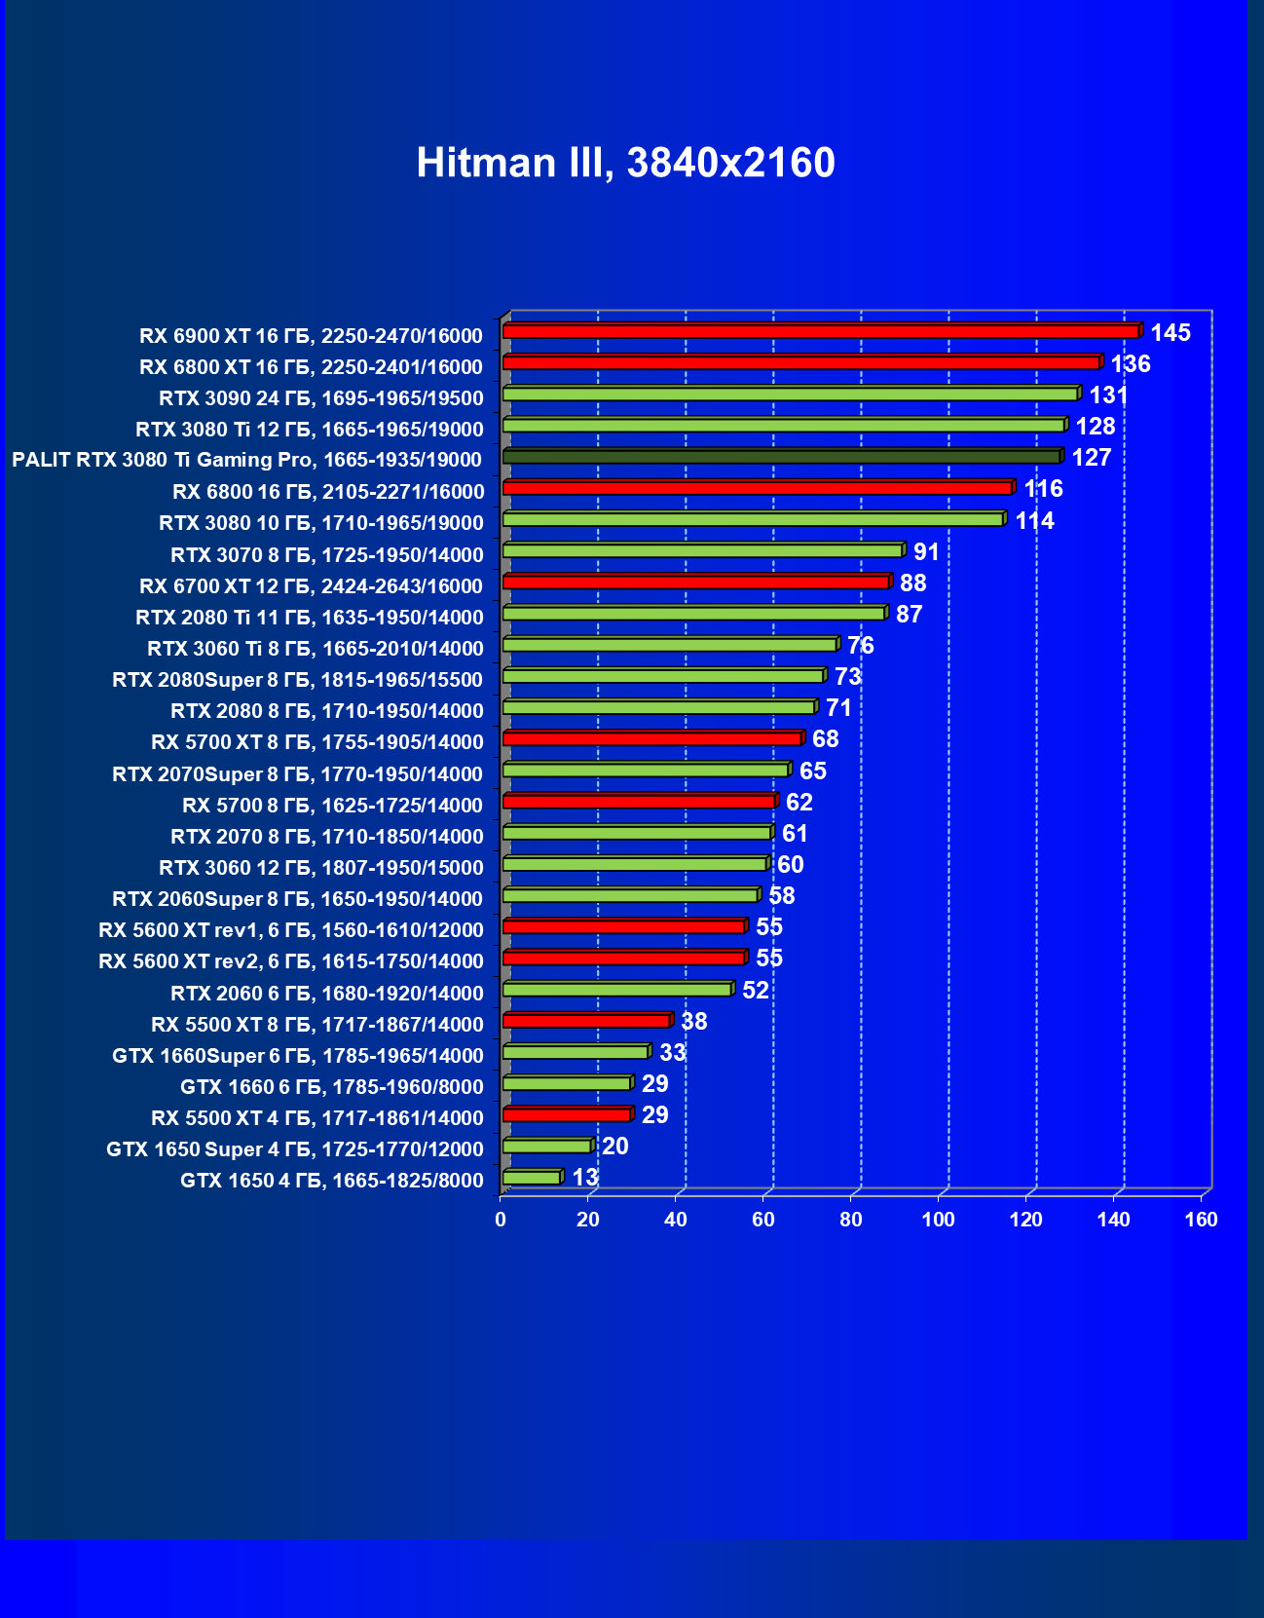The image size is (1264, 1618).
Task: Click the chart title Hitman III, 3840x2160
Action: pyautogui.click(x=625, y=163)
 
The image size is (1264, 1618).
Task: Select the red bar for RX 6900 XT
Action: pyautogui.click(x=820, y=332)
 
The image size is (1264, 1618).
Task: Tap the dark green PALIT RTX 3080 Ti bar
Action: pyautogui.click(x=781, y=457)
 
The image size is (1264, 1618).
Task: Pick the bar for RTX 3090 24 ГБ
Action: pyautogui.click(x=790, y=395)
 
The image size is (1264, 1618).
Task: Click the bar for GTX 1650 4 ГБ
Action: pyautogui.click(x=531, y=1178)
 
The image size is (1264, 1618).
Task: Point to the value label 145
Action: pyautogui.click(x=1170, y=333)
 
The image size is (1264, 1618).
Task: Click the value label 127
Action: pyautogui.click(x=1091, y=458)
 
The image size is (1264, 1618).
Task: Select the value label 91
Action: pyautogui.click(x=926, y=552)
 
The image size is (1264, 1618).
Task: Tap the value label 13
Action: pyautogui.click(x=584, y=1178)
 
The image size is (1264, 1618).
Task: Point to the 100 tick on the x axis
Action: pyautogui.click(x=939, y=1220)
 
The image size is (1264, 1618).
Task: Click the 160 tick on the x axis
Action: pyautogui.click(x=1201, y=1220)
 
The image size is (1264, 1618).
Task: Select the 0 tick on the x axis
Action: pyautogui.click(x=501, y=1220)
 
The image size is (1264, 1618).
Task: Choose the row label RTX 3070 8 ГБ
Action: pyautogui.click(x=326, y=555)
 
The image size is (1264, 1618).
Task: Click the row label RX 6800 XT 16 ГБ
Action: pyautogui.click(x=311, y=367)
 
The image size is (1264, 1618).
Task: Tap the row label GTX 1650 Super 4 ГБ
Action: pyautogui.click(x=294, y=1149)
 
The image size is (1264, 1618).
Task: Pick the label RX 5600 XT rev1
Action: pyautogui.click(x=290, y=930)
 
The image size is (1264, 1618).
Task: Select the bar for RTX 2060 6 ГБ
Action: pyautogui.click(x=616, y=990)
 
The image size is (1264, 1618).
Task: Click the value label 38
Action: pyautogui.click(x=693, y=1022)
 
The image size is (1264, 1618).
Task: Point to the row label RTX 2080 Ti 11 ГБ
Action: pyautogui.click(x=309, y=618)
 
